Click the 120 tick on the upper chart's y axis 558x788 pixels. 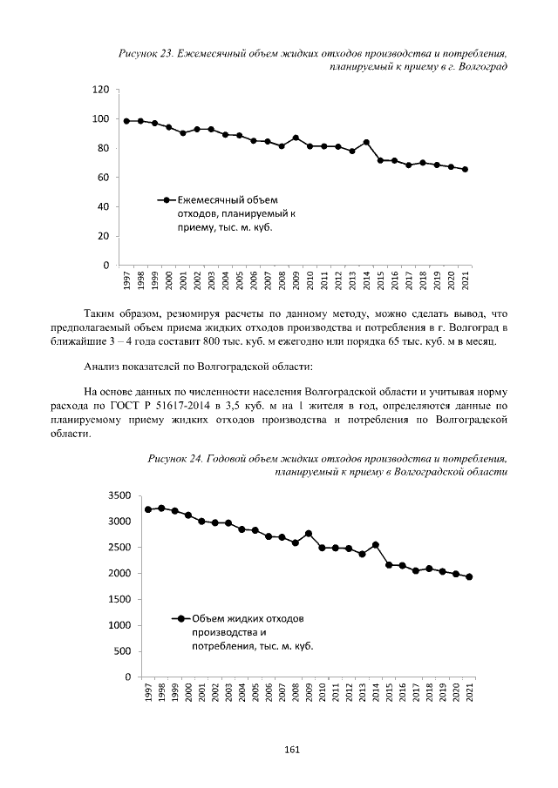101,90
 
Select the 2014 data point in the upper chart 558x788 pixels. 366,142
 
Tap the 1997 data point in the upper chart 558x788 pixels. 126,121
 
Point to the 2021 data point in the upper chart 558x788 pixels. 465,169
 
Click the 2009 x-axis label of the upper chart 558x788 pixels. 296,281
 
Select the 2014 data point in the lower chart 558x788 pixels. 375,545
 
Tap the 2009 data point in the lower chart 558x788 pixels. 309,533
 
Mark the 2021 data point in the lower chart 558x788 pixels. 469,576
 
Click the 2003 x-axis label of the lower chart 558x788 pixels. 228,693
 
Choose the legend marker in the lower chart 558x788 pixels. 181,618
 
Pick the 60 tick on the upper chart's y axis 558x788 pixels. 104,178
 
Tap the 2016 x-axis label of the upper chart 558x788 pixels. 394,281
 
